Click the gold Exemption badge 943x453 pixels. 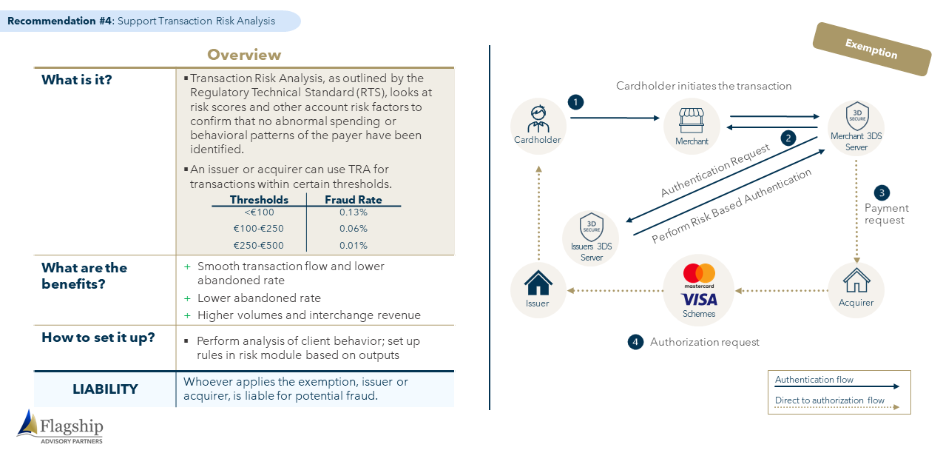click(871, 49)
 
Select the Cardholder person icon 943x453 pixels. click(538, 119)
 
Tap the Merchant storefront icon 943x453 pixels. click(692, 121)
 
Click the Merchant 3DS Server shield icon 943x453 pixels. click(856, 115)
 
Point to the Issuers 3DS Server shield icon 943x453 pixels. click(591, 226)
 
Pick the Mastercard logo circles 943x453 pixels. click(699, 273)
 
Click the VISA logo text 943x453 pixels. click(699, 300)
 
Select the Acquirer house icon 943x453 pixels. click(856, 281)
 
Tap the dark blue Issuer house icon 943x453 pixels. click(538, 283)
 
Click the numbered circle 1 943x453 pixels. click(575, 102)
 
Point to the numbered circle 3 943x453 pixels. click(882, 193)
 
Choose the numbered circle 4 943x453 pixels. click(635, 342)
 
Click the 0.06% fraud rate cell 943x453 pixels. click(354, 229)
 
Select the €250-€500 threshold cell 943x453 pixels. click(258, 245)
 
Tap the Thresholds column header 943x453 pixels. click(259, 200)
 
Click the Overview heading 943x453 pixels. click(244, 55)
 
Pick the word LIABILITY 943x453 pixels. click(105, 389)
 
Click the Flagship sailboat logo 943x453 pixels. click(27, 423)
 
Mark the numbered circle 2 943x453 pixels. click(788, 138)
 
